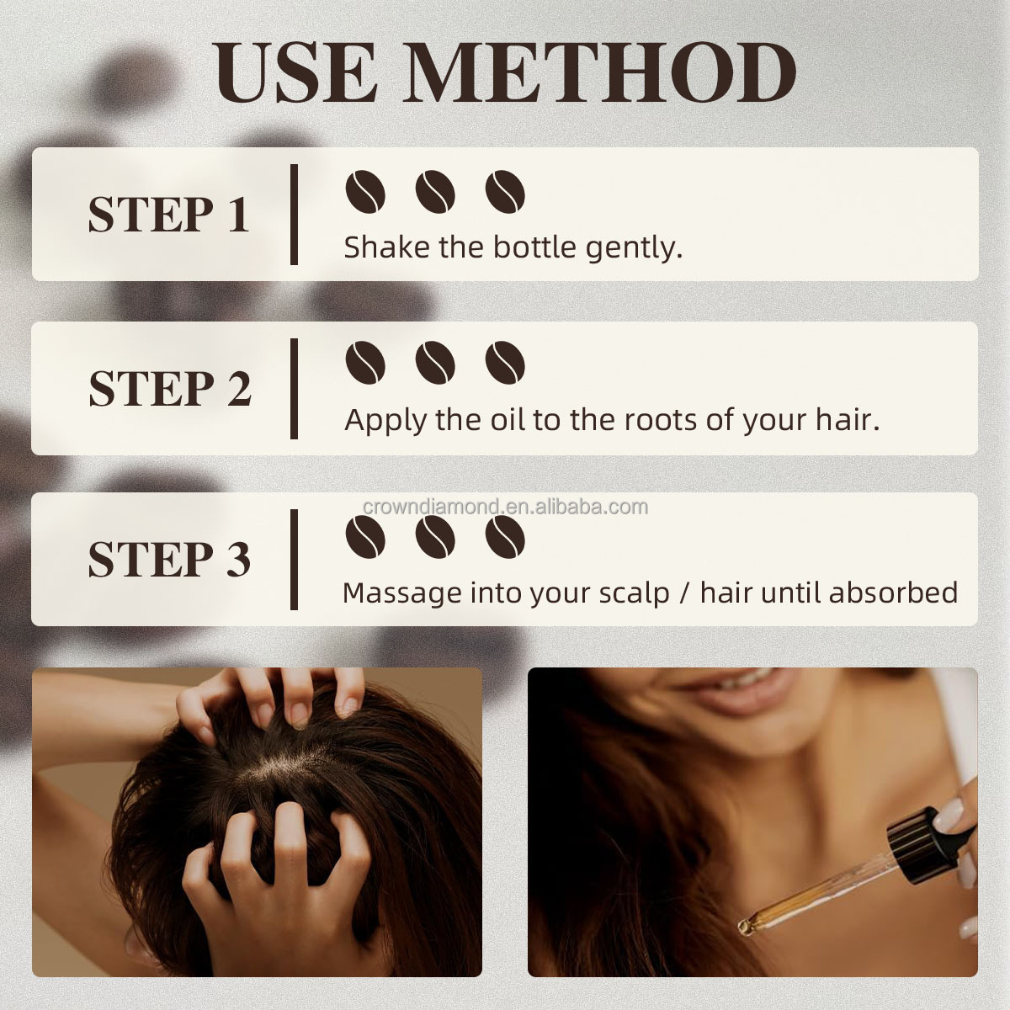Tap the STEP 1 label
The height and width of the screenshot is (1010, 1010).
(x=168, y=215)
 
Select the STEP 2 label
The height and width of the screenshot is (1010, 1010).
(x=170, y=388)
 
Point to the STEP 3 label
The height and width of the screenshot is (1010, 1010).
(x=169, y=560)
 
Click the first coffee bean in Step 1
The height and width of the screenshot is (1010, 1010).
(x=365, y=192)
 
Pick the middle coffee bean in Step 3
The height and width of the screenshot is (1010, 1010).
(x=435, y=535)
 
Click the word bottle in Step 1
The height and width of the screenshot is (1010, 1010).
(x=534, y=247)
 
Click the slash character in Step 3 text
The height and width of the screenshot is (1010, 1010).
(x=685, y=593)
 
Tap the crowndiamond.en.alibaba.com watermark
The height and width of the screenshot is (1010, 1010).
(x=505, y=507)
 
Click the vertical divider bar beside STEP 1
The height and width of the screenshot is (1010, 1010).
(x=294, y=215)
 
